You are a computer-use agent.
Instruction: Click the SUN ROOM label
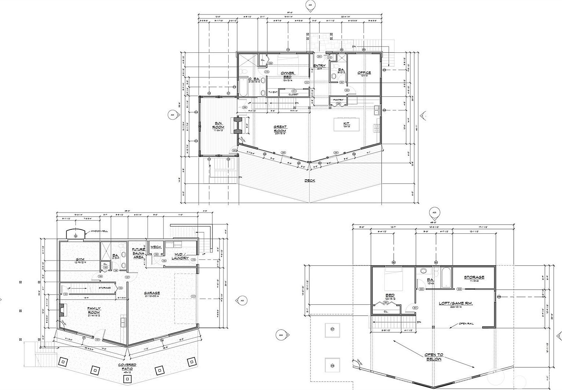218,125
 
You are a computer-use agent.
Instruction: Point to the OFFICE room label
364,73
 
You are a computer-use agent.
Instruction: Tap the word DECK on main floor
310,180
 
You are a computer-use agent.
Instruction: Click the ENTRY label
319,66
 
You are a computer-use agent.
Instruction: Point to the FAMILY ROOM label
94,311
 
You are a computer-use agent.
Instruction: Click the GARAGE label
151,293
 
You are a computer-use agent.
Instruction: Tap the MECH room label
156,247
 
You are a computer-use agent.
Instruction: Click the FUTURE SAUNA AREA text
139,253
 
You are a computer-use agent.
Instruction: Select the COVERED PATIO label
127,367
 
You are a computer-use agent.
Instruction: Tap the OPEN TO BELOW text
434,357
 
